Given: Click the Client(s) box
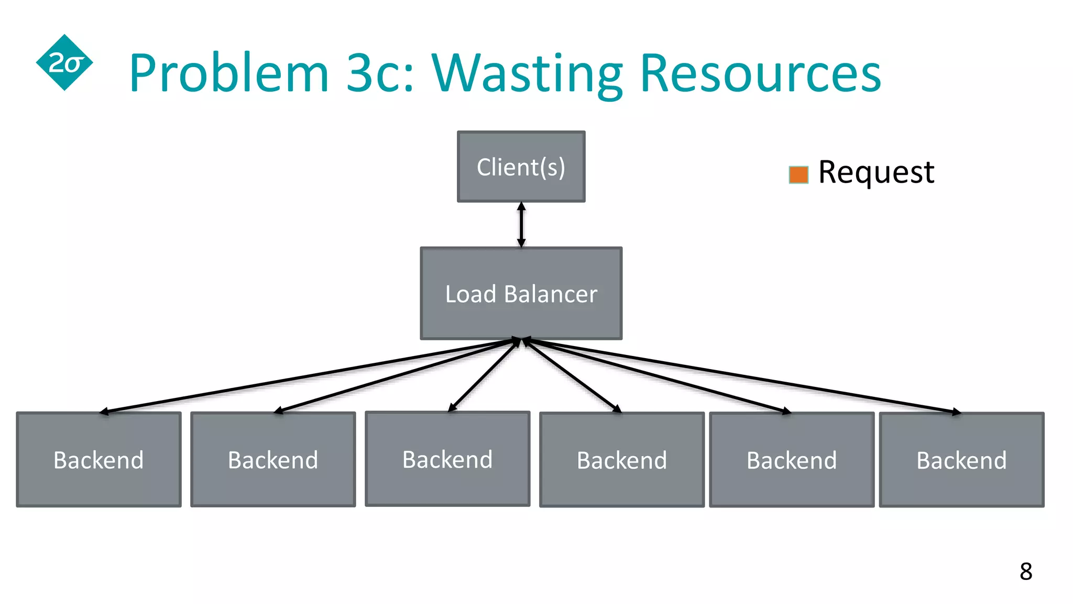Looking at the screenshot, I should pyautogui.click(x=521, y=167).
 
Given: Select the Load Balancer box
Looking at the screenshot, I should pyautogui.click(x=521, y=294).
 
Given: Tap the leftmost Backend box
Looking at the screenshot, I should pyautogui.click(x=98, y=460).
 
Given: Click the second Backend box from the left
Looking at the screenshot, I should pyautogui.click(x=273, y=460).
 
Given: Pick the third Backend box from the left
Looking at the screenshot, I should pyautogui.click(x=447, y=459).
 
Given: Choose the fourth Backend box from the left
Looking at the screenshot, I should pyautogui.click(x=622, y=460).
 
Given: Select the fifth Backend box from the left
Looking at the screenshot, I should pyautogui.click(x=792, y=460).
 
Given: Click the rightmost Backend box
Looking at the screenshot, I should pyautogui.click(x=961, y=460).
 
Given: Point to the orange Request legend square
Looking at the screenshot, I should pyautogui.click(x=798, y=175).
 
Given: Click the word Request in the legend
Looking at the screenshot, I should pyautogui.click(x=876, y=172).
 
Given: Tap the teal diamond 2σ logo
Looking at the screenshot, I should pyautogui.click(x=64, y=63).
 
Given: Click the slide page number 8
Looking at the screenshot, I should pyautogui.click(x=1026, y=571).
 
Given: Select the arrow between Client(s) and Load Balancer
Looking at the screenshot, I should pyautogui.click(x=521, y=224).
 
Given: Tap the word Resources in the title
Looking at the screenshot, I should pyautogui.click(x=760, y=73).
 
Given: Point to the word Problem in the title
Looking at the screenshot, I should pyautogui.click(x=229, y=73).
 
